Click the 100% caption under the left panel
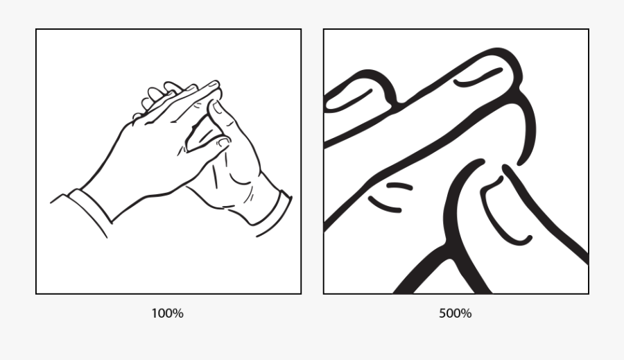[167, 314]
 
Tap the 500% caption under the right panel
[455, 314]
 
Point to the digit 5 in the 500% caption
[442, 314]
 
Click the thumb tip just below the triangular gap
[220, 143]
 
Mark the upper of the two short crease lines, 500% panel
[399, 185]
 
